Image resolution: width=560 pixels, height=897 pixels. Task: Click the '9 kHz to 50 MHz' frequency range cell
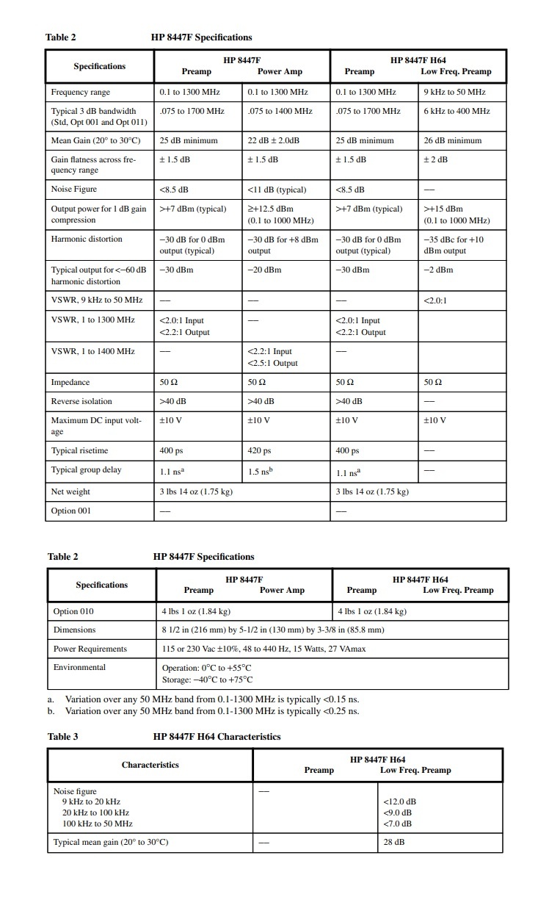point(454,92)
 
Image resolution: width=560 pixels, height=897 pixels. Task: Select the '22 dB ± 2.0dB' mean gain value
point(278,140)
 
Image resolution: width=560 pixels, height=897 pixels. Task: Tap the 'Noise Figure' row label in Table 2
point(73,190)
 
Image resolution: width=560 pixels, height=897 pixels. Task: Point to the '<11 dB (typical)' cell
point(277,190)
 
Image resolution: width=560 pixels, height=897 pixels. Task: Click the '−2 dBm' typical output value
point(438,270)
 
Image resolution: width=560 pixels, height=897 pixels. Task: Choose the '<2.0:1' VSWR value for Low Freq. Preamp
point(436,300)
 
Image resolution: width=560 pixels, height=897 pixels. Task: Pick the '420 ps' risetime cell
point(259,450)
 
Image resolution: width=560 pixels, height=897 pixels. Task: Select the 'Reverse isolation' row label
point(81,401)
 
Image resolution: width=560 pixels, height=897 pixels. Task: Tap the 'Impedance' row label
point(70,382)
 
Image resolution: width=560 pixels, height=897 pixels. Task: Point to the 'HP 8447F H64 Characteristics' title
point(217,736)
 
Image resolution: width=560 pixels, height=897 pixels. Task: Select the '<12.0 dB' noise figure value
point(399,801)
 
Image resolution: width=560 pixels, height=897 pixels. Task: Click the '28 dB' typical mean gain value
point(393,842)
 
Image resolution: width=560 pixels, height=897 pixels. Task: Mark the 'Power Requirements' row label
point(90,649)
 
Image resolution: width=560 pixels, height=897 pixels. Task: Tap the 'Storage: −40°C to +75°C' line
point(207,680)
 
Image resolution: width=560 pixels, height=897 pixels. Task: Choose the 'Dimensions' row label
point(74,630)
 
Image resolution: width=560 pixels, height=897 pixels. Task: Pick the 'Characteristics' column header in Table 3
point(150,765)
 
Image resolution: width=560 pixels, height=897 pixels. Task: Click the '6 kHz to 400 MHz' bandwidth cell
point(457,111)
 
